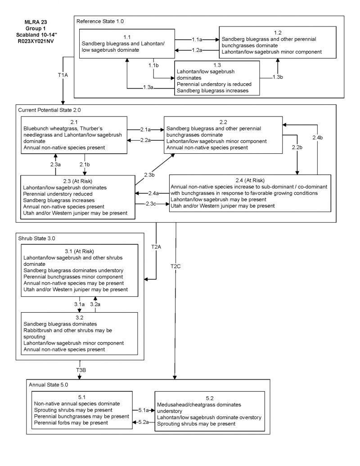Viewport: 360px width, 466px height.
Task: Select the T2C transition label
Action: [x=175, y=267]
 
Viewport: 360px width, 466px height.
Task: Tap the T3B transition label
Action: [x=81, y=369]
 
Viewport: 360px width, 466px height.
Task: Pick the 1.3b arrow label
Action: [x=278, y=77]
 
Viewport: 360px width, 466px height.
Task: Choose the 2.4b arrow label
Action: [x=318, y=137]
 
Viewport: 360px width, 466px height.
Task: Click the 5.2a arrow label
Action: [x=143, y=421]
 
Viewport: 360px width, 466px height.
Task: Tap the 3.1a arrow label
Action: [x=79, y=304]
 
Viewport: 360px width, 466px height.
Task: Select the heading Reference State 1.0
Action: [x=100, y=21]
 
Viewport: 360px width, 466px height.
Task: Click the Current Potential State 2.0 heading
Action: [x=50, y=109]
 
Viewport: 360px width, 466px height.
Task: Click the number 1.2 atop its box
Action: [x=278, y=32]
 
